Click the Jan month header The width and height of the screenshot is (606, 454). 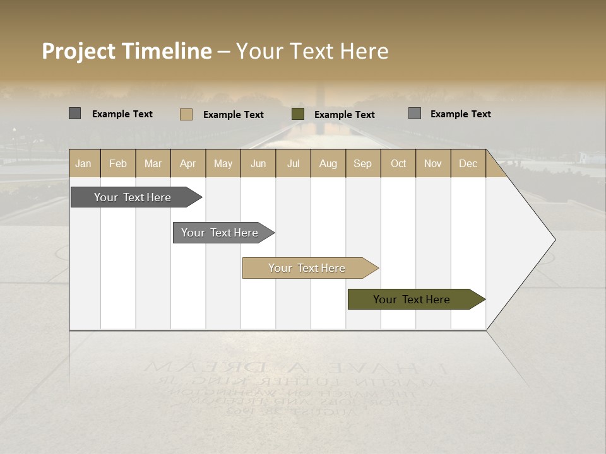click(x=83, y=163)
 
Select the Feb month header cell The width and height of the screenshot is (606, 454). click(x=118, y=163)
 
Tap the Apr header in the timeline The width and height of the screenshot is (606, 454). click(x=188, y=163)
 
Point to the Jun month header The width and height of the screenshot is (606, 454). click(x=258, y=163)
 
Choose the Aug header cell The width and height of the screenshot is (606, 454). click(x=328, y=163)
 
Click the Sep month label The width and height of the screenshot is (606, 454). click(x=363, y=163)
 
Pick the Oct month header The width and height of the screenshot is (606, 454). click(x=398, y=163)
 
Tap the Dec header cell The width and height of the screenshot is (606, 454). click(x=468, y=163)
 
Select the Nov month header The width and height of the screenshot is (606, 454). click(x=433, y=163)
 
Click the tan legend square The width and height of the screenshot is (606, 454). click(x=186, y=114)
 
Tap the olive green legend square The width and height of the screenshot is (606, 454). click(x=298, y=114)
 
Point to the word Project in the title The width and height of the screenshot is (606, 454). click(x=79, y=51)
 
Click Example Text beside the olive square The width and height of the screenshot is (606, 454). click(x=344, y=115)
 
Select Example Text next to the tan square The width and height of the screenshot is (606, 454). click(x=233, y=115)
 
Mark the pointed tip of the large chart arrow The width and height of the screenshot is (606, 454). click(x=554, y=240)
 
